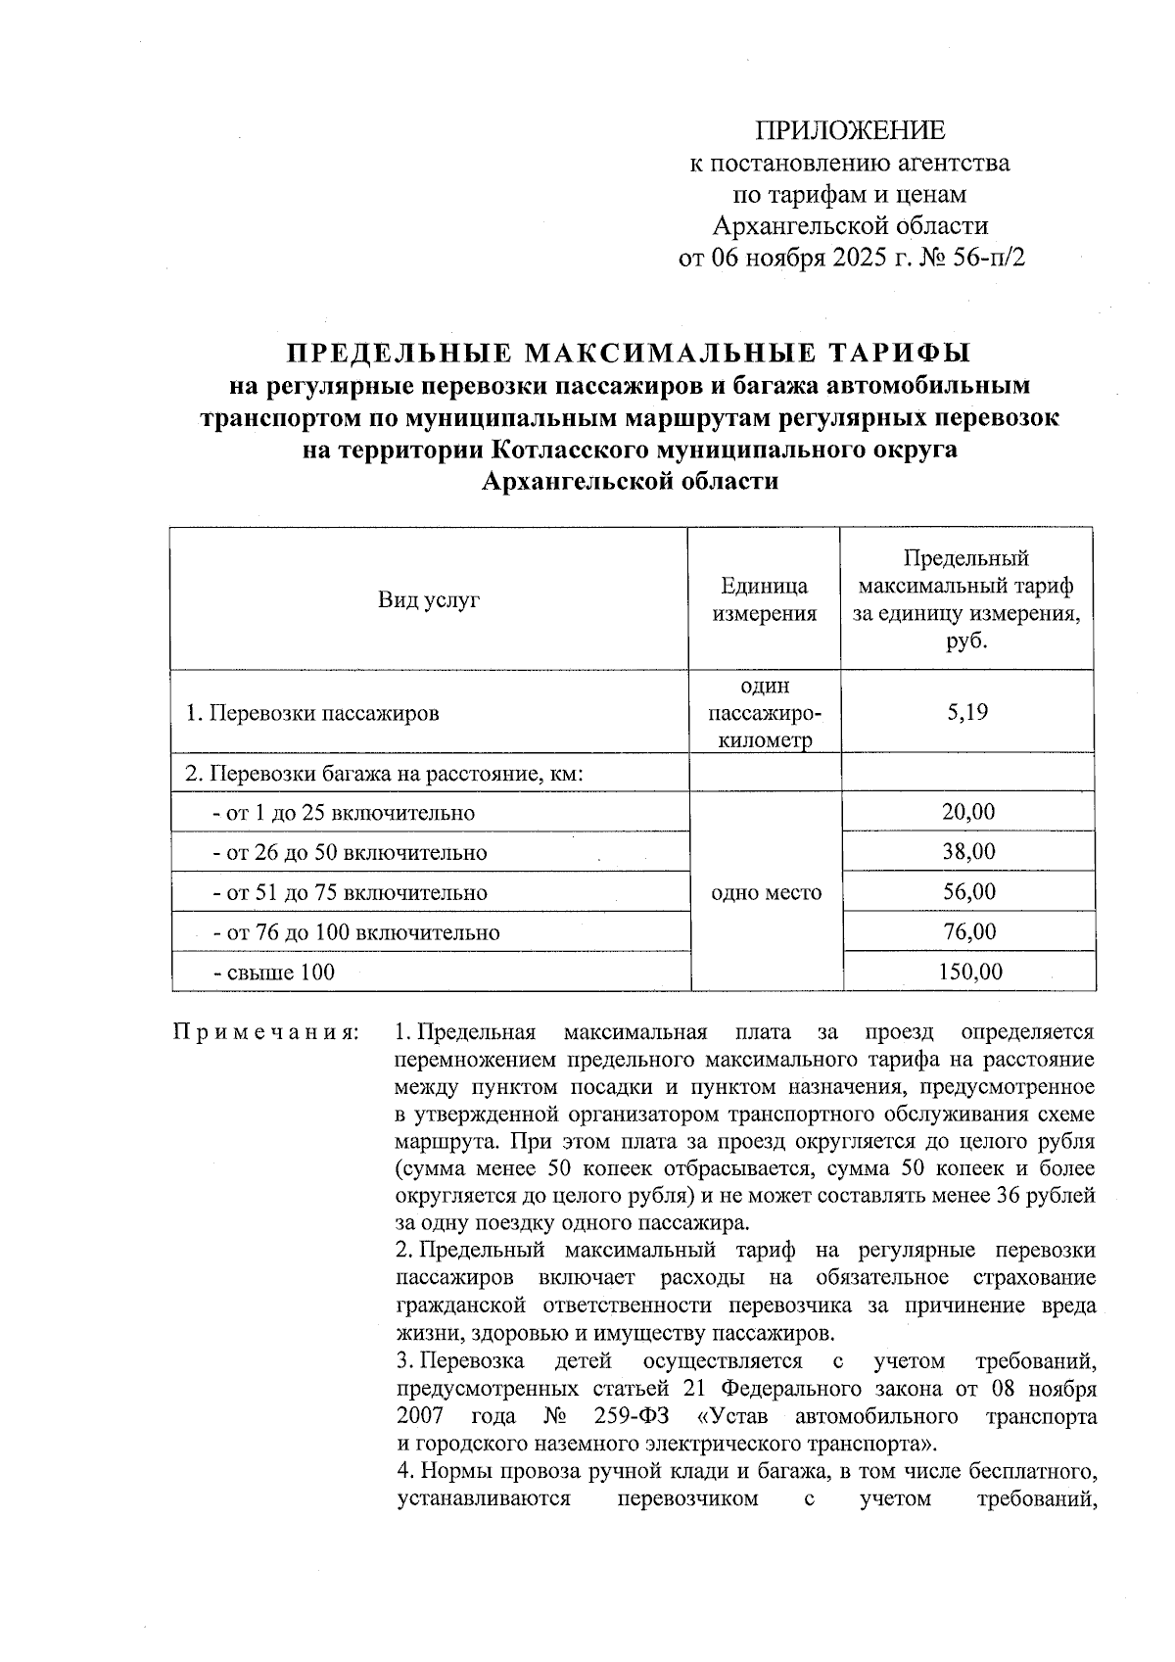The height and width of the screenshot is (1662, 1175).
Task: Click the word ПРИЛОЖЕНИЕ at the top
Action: [x=849, y=131]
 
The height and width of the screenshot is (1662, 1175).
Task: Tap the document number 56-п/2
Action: [x=979, y=258]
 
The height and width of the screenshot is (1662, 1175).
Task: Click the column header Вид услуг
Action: [x=429, y=600]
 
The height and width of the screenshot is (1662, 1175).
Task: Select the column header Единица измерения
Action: [x=764, y=600]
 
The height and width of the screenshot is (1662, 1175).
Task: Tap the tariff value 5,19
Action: [x=966, y=712]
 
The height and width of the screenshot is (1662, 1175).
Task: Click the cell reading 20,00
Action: [x=967, y=812]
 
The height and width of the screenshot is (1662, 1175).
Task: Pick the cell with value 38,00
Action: [x=967, y=852]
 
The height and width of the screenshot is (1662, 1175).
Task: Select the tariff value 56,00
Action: [x=967, y=892]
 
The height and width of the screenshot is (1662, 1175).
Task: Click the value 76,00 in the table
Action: [x=967, y=931]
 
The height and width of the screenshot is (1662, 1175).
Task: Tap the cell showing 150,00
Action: [x=967, y=972]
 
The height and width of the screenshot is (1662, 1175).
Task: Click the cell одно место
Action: [x=767, y=892]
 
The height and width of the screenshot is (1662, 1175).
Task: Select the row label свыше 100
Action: [x=274, y=973]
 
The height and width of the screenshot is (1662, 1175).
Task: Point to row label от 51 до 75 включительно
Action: [x=350, y=893]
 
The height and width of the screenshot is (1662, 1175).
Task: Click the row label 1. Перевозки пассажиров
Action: [x=312, y=713]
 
